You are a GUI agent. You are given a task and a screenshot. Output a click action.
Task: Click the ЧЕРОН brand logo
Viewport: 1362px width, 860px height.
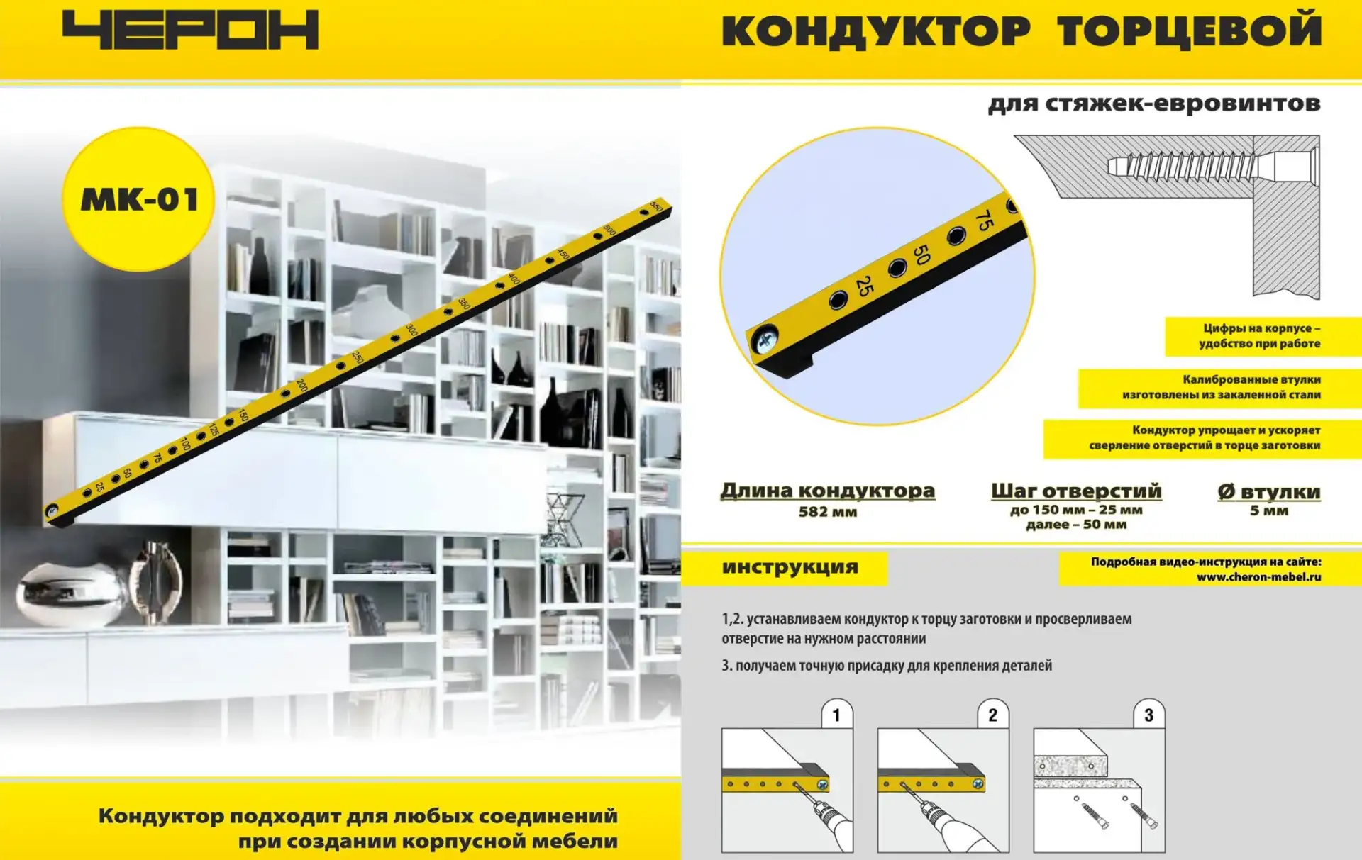(x=190, y=30)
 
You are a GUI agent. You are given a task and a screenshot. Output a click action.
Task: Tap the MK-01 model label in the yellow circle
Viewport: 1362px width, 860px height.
(x=139, y=200)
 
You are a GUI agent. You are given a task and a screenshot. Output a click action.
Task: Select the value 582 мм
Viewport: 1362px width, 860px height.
(x=828, y=512)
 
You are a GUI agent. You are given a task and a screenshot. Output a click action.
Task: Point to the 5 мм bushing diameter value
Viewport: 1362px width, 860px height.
(x=1269, y=510)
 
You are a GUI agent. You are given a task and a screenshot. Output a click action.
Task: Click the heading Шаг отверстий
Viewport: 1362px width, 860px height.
(x=1076, y=491)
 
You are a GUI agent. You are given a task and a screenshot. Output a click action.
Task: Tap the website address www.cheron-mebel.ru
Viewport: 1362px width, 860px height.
(x=1258, y=577)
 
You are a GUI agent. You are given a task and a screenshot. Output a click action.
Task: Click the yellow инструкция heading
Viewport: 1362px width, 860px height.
(x=790, y=567)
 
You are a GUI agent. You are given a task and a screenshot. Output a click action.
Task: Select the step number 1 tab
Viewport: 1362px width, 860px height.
(x=836, y=715)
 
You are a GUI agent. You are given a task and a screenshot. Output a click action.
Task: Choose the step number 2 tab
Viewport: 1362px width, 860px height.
(x=992, y=715)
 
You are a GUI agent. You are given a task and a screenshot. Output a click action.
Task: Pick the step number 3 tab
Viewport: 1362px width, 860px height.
(x=1148, y=715)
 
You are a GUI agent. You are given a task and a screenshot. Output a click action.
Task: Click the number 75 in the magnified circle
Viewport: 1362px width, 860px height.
(x=984, y=220)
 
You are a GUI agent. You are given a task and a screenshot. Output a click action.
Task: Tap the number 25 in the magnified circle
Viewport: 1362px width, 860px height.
(x=864, y=286)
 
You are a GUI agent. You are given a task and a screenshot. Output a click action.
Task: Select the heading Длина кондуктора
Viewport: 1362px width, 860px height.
(x=828, y=491)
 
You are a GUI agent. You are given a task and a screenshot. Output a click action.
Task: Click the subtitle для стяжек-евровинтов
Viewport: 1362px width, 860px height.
(x=1154, y=104)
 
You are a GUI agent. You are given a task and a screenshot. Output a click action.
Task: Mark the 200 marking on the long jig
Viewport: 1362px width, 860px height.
(x=301, y=385)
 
